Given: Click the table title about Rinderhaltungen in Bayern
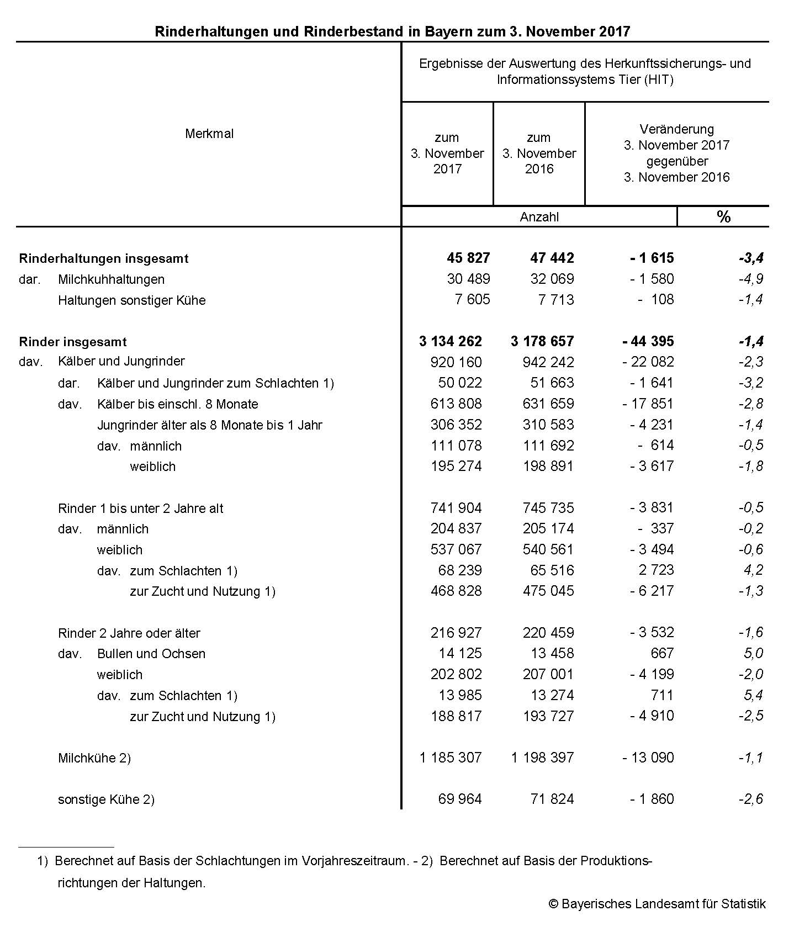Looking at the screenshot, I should pyautogui.click(x=392, y=31).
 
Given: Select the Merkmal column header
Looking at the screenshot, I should pyautogui.click(x=209, y=134).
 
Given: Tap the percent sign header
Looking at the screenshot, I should pyautogui.click(x=723, y=216).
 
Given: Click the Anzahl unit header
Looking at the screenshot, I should pyautogui.click(x=539, y=217).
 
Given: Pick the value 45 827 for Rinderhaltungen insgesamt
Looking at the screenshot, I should pyautogui.click(x=468, y=258).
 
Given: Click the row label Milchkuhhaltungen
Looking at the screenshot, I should pyautogui.click(x=111, y=279).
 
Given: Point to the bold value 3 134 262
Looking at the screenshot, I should pyautogui.click(x=450, y=341).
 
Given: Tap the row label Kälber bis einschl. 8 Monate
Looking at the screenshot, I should pyautogui.click(x=177, y=404).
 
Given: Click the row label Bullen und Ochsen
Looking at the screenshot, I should pyautogui.click(x=151, y=654).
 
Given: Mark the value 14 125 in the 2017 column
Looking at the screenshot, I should pyautogui.click(x=460, y=653).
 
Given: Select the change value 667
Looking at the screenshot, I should pyautogui.click(x=662, y=653).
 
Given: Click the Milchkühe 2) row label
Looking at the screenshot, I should pyautogui.click(x=94, y=758).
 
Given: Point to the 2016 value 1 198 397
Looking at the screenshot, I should pyautogui.click(x=542, y=758).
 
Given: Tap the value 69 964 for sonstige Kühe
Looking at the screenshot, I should pyautogui.click(x=459, y=799).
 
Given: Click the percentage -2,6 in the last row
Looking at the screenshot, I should pyautogui.click(x=751, y=799).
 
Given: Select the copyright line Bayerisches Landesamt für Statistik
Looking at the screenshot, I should pyautogui.click(x=657, y=904).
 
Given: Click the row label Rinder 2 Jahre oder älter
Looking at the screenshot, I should pyautogui.click(x=129, y=633).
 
